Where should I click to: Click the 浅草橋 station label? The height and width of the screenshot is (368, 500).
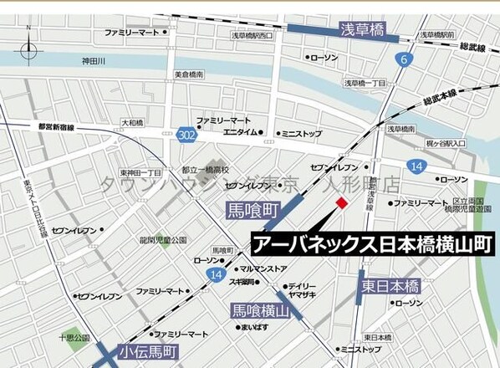tap(361, 31)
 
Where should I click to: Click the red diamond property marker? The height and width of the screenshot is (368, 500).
tap(341, 204)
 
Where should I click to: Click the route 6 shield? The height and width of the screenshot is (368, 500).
tap(405, 59)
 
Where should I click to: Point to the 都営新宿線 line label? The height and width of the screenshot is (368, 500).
tap(56, 127)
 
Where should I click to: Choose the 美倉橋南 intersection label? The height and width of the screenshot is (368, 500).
tap(190, 74)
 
